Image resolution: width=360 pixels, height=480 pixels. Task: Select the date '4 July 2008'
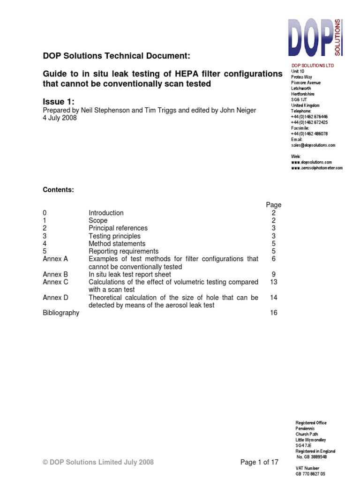pos(60,118)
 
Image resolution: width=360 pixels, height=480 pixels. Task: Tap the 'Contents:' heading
pos(58,190)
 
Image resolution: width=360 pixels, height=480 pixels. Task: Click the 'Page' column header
pos(273,205)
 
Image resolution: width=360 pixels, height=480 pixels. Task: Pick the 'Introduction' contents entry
pos(106,213)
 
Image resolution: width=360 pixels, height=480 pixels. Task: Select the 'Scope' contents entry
pos(98,220)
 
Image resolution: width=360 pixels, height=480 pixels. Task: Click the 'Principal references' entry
pos(118,228)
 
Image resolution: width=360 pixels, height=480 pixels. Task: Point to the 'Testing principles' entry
pos(114,236)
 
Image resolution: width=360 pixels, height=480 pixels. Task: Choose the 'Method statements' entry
pos(117,244)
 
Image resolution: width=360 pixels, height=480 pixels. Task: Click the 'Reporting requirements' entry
pos(123,251)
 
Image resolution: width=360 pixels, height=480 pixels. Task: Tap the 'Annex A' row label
pos(55,259)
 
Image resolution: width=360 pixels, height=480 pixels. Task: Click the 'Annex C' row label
pos(55,282)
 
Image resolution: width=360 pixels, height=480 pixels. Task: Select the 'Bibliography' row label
pos(61,313)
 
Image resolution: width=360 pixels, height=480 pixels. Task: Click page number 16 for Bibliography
pos(273,313)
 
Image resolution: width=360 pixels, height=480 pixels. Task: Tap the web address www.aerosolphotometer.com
pos(316,168)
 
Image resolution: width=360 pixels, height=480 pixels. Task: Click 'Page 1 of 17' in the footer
pos(259,462)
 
